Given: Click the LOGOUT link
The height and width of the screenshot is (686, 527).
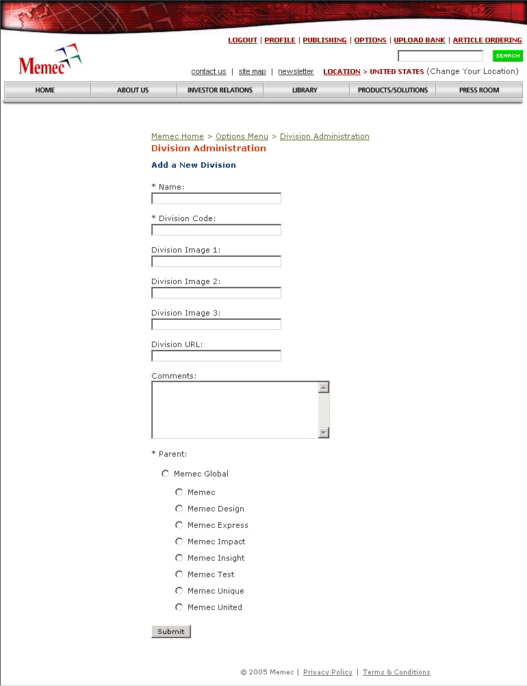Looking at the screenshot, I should coord(242,40).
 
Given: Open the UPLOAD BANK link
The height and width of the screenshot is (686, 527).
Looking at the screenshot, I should coord(419,40).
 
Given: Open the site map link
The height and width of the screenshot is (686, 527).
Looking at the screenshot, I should coord(252,72).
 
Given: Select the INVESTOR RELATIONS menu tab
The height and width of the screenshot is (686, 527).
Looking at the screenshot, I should coord(220,90).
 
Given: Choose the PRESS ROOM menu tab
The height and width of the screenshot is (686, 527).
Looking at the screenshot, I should coord(479,90).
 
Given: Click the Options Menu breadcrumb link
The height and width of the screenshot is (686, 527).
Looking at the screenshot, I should coord(242,137).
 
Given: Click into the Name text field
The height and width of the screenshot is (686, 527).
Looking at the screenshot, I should coord(216,199).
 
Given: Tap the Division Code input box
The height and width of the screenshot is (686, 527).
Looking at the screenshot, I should coord(216,230).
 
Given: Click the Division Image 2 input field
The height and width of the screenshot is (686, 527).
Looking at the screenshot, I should coord(216,293).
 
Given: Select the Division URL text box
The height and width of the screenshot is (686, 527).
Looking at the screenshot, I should coord(216,356).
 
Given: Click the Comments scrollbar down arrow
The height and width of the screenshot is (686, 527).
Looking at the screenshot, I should coord(324,433).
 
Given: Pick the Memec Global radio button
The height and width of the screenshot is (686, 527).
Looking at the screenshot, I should coord(165,474).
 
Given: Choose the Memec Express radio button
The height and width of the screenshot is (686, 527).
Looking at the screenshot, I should coord(179,525).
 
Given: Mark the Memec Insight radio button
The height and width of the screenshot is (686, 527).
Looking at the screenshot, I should coord(179,558).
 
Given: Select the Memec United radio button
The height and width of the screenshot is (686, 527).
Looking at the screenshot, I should coord(179,607).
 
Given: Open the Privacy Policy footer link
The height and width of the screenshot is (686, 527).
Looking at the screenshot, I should coord(328,672).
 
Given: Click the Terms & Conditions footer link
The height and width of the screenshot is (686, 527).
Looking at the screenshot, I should coord(396,672).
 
